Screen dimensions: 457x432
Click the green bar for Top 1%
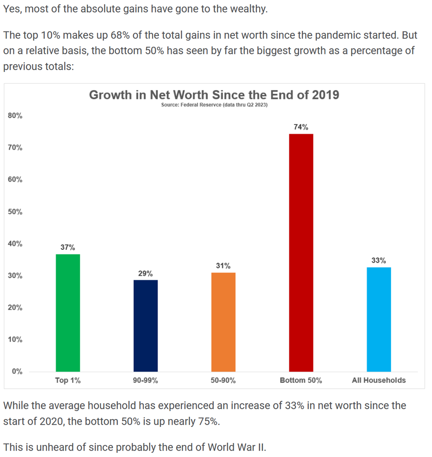68,313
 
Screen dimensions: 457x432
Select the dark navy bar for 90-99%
145,325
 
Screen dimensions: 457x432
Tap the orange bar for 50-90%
223,322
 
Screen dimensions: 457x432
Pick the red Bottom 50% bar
301,253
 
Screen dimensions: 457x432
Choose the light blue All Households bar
378,319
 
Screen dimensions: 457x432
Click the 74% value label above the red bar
301,127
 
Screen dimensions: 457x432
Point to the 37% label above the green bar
68,247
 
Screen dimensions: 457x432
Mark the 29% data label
145,273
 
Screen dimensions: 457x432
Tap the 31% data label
223,266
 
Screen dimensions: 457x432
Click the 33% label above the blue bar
378,260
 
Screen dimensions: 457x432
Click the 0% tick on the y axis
18,372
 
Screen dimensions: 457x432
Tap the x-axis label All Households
378,380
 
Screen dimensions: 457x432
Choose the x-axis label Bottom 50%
301,380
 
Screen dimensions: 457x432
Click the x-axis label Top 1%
68,380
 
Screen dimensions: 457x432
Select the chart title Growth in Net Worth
214,95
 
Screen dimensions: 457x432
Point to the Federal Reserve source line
214,105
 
